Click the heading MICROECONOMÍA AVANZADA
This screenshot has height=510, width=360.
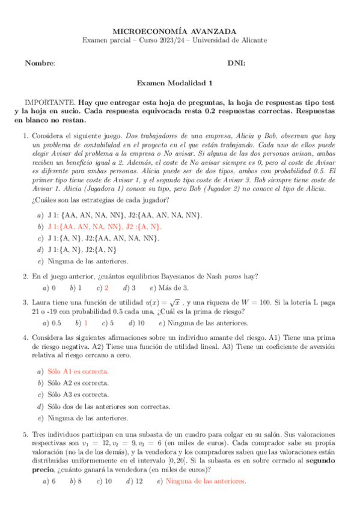(x=175, y=31)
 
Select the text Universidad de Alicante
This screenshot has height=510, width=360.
(x=230, y=40)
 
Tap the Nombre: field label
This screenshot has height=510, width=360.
(x=40, y=63)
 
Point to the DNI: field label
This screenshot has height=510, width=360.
(x=236, y=63)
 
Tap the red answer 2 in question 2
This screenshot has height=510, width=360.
(x=106, y=288)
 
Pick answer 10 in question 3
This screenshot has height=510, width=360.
(x=140, y=323)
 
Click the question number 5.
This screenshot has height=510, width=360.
(x=25, y=433)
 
